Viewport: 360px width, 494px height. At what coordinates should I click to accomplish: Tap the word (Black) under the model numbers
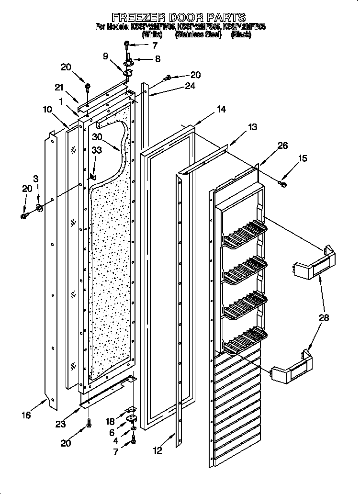[x=241, y=35]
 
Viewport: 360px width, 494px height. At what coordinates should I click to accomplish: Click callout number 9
[x=106, y=56]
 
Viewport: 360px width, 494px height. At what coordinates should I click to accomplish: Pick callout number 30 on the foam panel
[x=98, y=136]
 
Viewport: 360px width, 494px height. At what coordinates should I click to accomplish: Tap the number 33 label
[x=96, y=150]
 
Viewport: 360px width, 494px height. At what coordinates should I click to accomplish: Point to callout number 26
[x=282, y=146]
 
